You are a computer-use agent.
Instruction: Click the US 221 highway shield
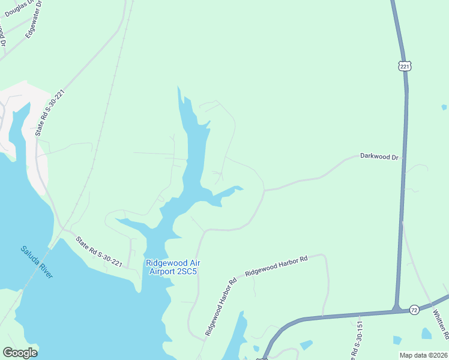404,65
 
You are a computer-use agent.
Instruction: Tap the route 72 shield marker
414,310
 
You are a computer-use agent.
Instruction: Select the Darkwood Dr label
379,156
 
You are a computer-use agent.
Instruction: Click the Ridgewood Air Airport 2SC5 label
172,267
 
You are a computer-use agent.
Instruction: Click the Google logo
20,352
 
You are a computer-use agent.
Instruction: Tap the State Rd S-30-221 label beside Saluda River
100,253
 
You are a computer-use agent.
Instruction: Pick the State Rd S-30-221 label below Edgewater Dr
49,113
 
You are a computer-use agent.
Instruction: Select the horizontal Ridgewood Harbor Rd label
276,265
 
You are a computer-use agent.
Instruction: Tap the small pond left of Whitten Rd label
426,333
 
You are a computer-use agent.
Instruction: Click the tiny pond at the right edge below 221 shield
444,107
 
